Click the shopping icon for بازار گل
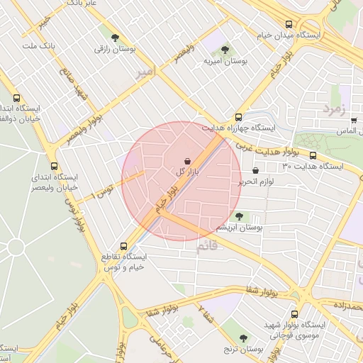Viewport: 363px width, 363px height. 187,161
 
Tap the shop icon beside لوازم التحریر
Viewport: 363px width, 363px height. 256,170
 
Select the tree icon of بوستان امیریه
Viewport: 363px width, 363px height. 225,50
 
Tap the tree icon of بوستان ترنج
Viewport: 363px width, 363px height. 245,338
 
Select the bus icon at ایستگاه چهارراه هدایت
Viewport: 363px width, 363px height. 238,118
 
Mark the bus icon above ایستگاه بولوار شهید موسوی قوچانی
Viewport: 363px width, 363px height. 294,313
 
